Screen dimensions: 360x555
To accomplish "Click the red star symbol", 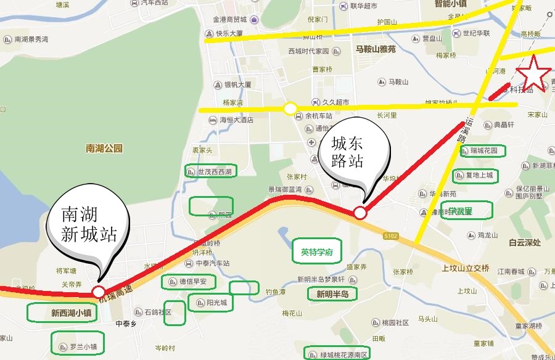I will [x=532, y=73].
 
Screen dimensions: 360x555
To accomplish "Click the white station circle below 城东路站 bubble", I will [x=360, y=213].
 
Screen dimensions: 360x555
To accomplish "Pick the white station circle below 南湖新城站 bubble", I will [x=99, y=291].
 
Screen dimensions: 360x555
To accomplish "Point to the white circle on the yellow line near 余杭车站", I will [x=290, y=109].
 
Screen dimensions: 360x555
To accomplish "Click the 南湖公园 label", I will [x=104, y=148].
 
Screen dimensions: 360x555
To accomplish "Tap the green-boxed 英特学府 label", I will [x=317, y=252].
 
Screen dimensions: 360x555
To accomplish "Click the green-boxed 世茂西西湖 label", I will [x=210, y=171].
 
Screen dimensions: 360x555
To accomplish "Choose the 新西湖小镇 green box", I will [x=62, y=313].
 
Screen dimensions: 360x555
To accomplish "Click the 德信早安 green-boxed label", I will [x=188, y=282].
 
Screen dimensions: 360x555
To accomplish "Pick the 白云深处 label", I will [x=525, y=243].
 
